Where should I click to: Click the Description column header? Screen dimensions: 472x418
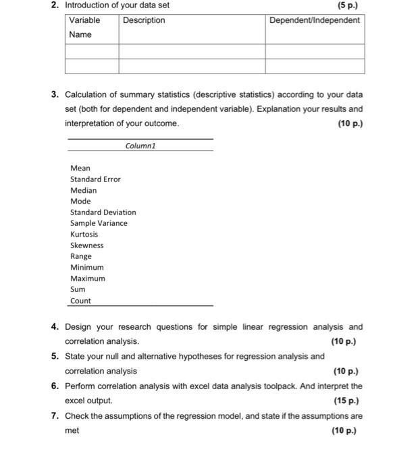pyautogui.click(x=144, y=20)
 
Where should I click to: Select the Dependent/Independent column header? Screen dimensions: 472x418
pyautogui.click(x=314, y=20)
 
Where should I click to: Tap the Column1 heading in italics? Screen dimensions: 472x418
pyautogui.click(x=140, y=146)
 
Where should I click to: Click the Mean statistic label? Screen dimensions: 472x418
pyautogui.click(x=80, y=168)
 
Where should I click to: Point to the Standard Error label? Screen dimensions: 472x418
pyautogui.click(x=95, y=179)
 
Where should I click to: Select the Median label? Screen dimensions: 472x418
pyautogui.click(x=83, y=190)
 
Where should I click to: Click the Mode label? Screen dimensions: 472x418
pyautogui.click(x=80, y=201)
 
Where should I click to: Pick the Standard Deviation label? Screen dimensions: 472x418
pyautogui.click(x=103, y=212)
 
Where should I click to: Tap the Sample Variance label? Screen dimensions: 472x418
pyautogui.click(x=99, y=223)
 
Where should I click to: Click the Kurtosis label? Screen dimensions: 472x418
pyautogui.click(x=84, y=235)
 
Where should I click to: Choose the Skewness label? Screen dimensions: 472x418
pyautogui.click(x=86, y=245)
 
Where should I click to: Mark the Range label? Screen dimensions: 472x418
pyautogui.click(x=81, y=256)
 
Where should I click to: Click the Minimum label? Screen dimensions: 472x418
pyautogui.click(x=87, y=268)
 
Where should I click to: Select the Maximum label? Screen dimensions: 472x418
pyautogui.click(x=88, y=278)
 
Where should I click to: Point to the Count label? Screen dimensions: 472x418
pyautogui.click(x=80, y=301)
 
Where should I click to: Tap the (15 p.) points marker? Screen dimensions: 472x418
pyautogui.click(x=346, y=401)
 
